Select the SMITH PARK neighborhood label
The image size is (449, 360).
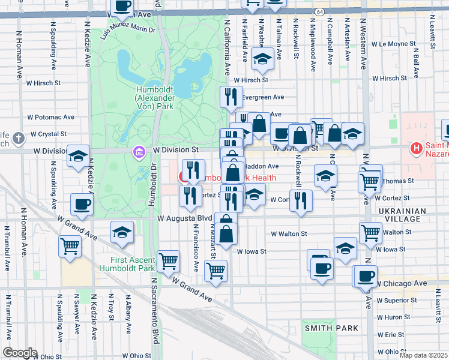click(331, 328)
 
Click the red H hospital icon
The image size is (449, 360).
click(414, 148)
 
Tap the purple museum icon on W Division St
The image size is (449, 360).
click(139, 153)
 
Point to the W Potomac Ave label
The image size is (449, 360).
click(51, 117)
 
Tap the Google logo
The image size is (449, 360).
click(20, 353)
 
